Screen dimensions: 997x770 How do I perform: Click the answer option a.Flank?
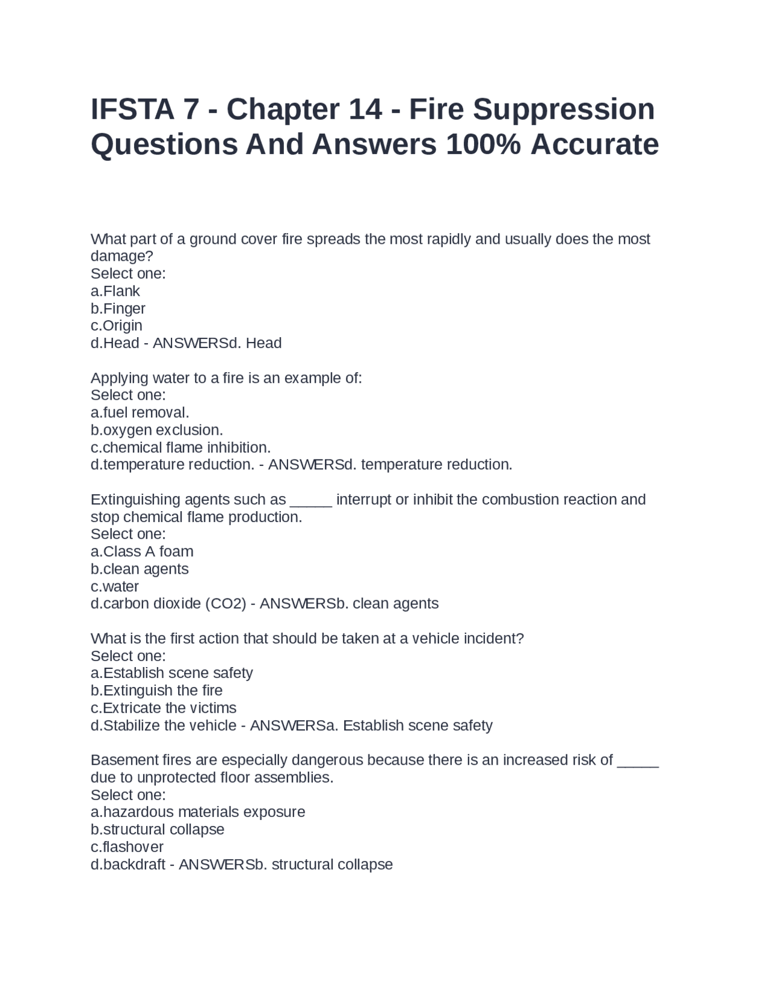pos(115,291)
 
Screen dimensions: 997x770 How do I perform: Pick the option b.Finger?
pos(118,309)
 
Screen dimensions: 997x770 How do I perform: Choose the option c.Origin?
pos(117,326)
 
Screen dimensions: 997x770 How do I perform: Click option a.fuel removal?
pos(140,413)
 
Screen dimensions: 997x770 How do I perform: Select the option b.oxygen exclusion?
pos(156,430)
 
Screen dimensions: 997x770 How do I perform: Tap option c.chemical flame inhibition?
pos(180,448)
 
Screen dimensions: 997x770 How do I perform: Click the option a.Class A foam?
pos(142,552)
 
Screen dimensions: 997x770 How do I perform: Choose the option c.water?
pos(115,587)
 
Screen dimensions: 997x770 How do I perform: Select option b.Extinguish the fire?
pos(156,691)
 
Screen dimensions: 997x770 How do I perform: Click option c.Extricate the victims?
pos(164,708)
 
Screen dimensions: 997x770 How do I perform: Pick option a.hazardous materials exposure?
pos(198,812)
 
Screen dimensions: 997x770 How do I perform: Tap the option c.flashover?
pos(127,847)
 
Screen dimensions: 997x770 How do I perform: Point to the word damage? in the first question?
pos(122,256)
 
